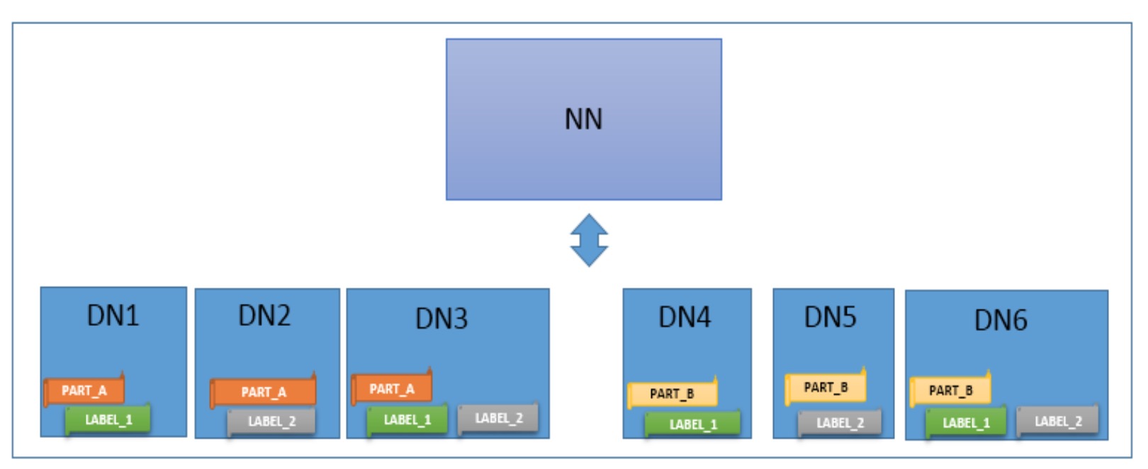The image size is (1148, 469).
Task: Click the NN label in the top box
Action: (x=583, y=119)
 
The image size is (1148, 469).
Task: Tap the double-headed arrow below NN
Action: (x=590, y=240)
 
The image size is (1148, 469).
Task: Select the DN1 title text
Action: (x=113, y=315)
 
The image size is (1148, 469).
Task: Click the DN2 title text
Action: (x=264, y=315)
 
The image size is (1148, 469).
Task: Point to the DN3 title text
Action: (x=441, y=318)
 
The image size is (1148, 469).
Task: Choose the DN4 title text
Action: (x=685, y=317)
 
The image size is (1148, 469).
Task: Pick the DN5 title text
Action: (x=831, y=317)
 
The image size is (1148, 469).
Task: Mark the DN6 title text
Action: (x=1001, y=320)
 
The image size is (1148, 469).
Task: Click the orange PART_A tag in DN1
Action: (x=84, y=391)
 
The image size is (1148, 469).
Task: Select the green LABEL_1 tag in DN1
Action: (x=108, y=420)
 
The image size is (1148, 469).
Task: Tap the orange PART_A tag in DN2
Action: (x=264, y=392)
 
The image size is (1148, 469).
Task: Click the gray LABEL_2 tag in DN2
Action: (x=271, y=422)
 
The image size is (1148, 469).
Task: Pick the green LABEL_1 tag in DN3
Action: (x=407, y=420)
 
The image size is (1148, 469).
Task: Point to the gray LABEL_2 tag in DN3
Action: (x=499, y=418)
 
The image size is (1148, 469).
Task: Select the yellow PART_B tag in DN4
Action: (x=672, y=394)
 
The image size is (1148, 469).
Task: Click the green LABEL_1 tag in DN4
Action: (x=693, y=424)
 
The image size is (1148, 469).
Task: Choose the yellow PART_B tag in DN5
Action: (x=826, y=388)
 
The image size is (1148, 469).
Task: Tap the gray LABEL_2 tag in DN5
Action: (x=840, y=423)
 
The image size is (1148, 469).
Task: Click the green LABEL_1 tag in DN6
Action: (x=966, y=423)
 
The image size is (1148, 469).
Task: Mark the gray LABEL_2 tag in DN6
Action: (x=1058, y=422)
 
